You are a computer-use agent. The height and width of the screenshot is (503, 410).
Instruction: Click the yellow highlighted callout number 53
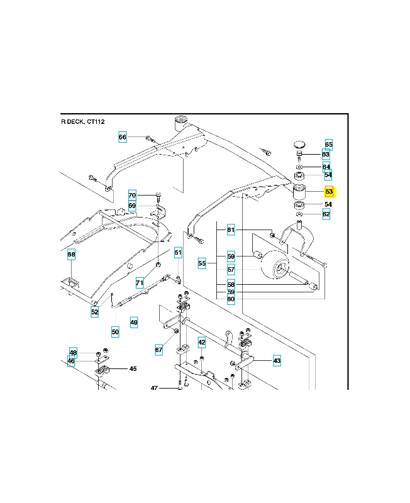tap(329, 192)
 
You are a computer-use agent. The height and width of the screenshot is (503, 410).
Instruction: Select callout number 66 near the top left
tap(123, 137)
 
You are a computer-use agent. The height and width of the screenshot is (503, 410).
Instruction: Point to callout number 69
tap(132, 206)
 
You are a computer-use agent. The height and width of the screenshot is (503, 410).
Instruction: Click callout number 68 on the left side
tap(72, 255)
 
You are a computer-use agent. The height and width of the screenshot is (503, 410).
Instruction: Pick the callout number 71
tap(140, 283)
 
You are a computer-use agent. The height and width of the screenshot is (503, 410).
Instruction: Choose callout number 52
tap(94, 312)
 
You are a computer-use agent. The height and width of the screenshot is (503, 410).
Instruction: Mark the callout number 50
tap(115, 331)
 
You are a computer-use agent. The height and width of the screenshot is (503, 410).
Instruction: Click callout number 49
tap(134, 323)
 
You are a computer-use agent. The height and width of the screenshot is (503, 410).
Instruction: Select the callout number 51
tap(179, 253)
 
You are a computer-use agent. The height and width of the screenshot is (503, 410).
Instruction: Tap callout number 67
tap(159, 349)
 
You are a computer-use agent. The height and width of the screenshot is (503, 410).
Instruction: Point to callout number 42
tap(202, 342)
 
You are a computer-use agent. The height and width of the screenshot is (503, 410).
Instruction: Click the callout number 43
tap(277, 361)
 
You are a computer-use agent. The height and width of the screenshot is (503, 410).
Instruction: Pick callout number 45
tap(133, 369)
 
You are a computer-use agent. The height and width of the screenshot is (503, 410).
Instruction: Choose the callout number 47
tap(154, 389)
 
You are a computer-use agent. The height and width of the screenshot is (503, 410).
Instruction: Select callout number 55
tap(202, 263)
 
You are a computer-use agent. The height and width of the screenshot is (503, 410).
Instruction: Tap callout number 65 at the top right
tap(329, 145)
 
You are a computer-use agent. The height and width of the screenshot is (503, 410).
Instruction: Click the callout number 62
tap(326, 214)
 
